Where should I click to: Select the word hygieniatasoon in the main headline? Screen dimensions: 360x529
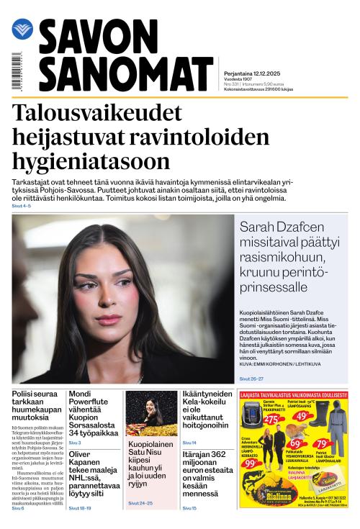pyautogui.click(x=91, y=160)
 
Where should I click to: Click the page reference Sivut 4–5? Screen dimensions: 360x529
pyautogui.click(x=22, y=207)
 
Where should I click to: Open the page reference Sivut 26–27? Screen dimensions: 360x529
pyautogui.click(x=251, y=379)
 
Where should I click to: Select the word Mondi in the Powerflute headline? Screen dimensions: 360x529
pyautogui.click(x=81, y=394)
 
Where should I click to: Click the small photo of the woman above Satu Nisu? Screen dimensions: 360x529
pyautogui.click(x=152, y=413)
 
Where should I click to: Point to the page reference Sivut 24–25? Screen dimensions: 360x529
pyautogui.click(x=141, y=502)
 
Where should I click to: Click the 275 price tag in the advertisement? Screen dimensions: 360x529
pyautogui.click(x=271, y=420)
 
